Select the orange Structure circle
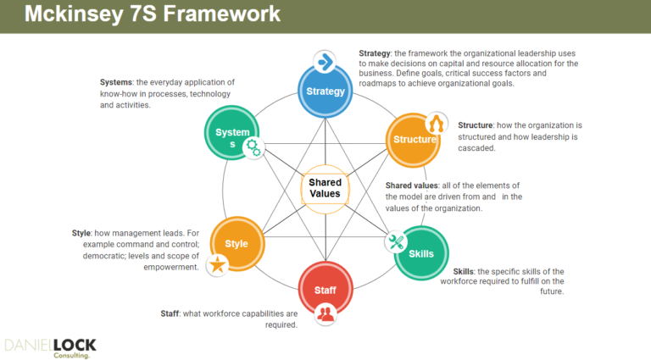(x=413, y=139)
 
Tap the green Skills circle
(x=420, y=253)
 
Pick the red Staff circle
(x=325, y=290)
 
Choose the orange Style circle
(x=236, y=244)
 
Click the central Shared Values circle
(x=325, y=188)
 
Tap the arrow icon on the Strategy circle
(x=325, y=62)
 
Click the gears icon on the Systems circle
(x=253, y=147)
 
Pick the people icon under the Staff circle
(x=325, y=313)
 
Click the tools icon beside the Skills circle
(x=396, y=242)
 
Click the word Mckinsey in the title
(x=60, y=16)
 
